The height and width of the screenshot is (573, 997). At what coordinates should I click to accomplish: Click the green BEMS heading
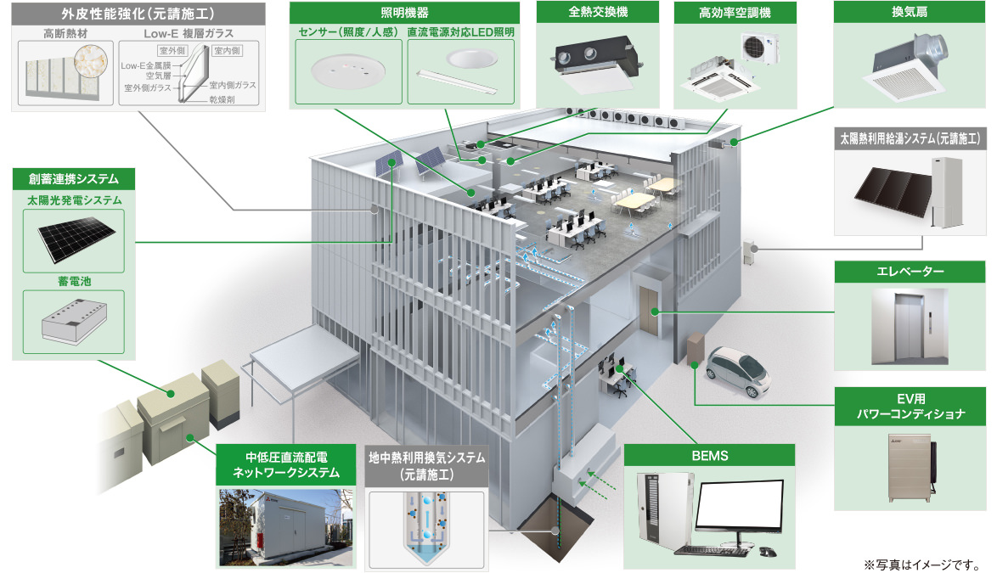709,456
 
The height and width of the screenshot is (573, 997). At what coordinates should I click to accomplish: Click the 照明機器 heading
404,13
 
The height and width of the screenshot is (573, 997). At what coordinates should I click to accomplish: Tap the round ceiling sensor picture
346,70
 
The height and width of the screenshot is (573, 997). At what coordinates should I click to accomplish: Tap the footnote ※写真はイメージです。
921,563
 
